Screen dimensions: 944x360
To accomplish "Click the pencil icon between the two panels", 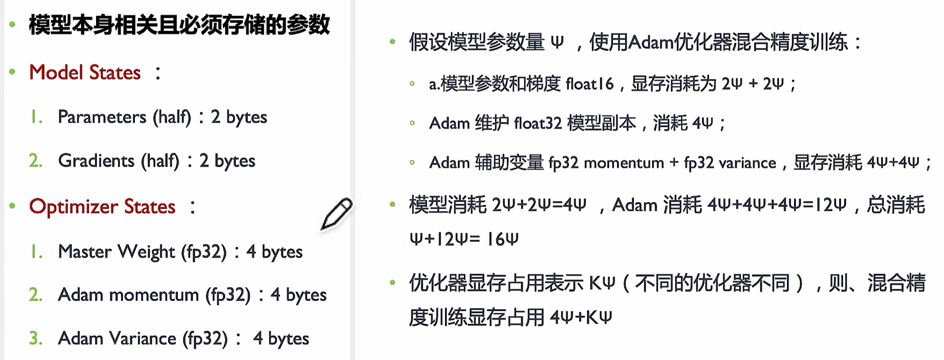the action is pos(336,214).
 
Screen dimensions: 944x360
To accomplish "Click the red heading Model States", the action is pos(85,73).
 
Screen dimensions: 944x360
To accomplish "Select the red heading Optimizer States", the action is pos(102,207).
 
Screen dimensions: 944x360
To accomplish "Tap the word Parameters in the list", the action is pos(102,117).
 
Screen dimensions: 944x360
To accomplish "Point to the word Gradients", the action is pos(96,161).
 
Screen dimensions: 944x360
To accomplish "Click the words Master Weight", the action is pos(116,252).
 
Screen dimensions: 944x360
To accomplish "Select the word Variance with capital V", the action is pos(142,339).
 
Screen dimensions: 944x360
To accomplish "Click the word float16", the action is pos(590,84).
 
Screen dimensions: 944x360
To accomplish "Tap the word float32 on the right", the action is pos(538,123).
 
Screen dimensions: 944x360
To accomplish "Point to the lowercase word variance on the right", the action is pos(747,163).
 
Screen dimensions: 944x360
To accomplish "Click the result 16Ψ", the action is pos(502,239).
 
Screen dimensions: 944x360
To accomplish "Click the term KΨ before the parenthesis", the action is pos(602,283).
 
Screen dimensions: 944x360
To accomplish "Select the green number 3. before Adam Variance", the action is pos(36,339).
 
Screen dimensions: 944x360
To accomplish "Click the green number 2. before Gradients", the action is pos(36,161).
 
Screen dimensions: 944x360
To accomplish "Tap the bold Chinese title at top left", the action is pos(179,25).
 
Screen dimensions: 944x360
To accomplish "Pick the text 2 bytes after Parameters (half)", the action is pos(239,117).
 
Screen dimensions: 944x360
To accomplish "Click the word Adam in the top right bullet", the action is pos(650,43).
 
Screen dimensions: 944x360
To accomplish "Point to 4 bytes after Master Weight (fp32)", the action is pos(274,252).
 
